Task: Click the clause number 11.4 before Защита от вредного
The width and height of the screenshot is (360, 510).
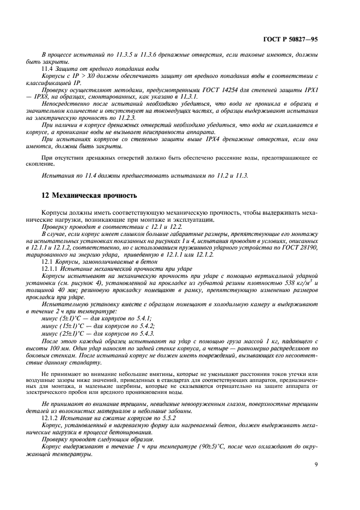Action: coord(47,70)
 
